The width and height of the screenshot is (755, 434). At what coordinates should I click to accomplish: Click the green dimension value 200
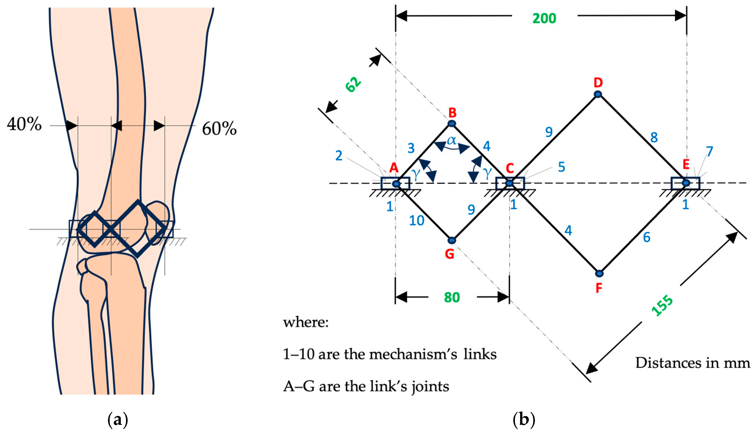[544, 18]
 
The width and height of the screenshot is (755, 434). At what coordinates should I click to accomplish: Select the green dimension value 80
[452, 297]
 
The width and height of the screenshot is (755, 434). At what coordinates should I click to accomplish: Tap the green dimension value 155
[662, 305]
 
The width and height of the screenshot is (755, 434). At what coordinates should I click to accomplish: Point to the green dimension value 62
[353, 85]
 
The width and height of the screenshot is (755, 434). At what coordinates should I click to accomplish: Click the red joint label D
[598, 82]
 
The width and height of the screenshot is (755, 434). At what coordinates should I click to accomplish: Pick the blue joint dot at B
[452, 123]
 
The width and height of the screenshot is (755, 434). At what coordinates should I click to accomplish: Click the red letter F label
[599, 288]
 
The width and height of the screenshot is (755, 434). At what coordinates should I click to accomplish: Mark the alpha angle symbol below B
[451, 140]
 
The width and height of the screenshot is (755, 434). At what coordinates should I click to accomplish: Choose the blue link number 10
[416, 221]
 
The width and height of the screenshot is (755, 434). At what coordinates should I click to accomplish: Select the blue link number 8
[654, 137]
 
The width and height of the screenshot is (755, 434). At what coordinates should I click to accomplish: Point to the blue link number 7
[709, 151]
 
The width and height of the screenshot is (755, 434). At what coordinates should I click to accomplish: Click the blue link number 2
[339, 156]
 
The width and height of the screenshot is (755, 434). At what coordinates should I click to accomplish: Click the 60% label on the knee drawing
[219, 129]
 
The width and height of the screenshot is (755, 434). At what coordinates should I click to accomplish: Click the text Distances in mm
[692, 363]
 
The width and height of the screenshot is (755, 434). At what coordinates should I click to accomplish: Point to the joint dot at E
[686, 183]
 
